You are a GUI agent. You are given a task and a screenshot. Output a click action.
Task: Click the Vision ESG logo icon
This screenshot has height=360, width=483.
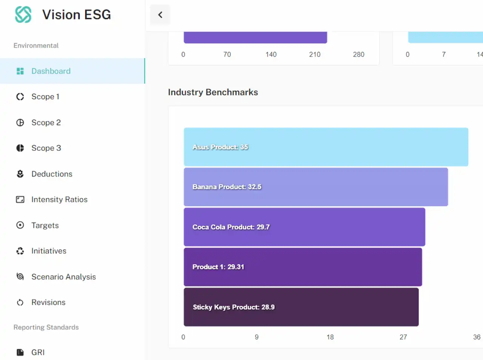[23, 14]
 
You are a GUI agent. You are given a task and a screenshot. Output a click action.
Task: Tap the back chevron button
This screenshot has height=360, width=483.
[160, 15]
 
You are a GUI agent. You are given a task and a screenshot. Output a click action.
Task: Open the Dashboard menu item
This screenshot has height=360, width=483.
[51, 71]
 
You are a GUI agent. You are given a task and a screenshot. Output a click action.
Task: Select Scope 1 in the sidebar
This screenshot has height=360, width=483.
[45, 97]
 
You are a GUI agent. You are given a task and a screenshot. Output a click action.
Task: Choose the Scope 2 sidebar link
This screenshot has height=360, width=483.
[46, 123]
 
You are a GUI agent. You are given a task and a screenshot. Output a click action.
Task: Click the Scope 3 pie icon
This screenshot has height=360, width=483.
[20, 148]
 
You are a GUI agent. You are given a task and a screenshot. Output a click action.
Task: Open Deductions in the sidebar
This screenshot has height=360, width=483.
[52, 174]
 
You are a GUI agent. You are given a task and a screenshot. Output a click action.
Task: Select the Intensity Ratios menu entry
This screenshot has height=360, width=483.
[59, 199]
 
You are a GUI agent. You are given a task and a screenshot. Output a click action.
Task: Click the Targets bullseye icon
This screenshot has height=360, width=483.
[20, 225]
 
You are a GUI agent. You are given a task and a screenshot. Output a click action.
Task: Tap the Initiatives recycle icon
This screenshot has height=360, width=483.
[20, 251]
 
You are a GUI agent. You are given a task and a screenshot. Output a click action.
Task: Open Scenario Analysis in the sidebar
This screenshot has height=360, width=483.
[64, 277]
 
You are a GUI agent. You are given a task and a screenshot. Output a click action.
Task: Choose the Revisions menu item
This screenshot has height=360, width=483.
[48, 302]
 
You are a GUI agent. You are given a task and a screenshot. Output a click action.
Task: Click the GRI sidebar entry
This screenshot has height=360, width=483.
[38, 352]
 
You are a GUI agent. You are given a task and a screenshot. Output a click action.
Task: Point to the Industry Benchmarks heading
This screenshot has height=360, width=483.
[213, 92]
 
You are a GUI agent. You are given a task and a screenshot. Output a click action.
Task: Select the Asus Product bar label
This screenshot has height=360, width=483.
[220, 147]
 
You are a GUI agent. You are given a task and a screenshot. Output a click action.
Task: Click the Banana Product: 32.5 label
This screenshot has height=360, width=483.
[227, 187]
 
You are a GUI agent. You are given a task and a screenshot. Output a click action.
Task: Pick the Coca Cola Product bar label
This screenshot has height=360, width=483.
[231, 227]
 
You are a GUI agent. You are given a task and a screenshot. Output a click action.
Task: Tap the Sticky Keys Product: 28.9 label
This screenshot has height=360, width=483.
[234, 307]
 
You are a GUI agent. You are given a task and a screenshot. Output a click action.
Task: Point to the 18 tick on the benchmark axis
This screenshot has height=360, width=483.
[330, 337]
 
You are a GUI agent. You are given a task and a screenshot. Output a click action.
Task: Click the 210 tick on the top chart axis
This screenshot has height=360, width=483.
[315, 55]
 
